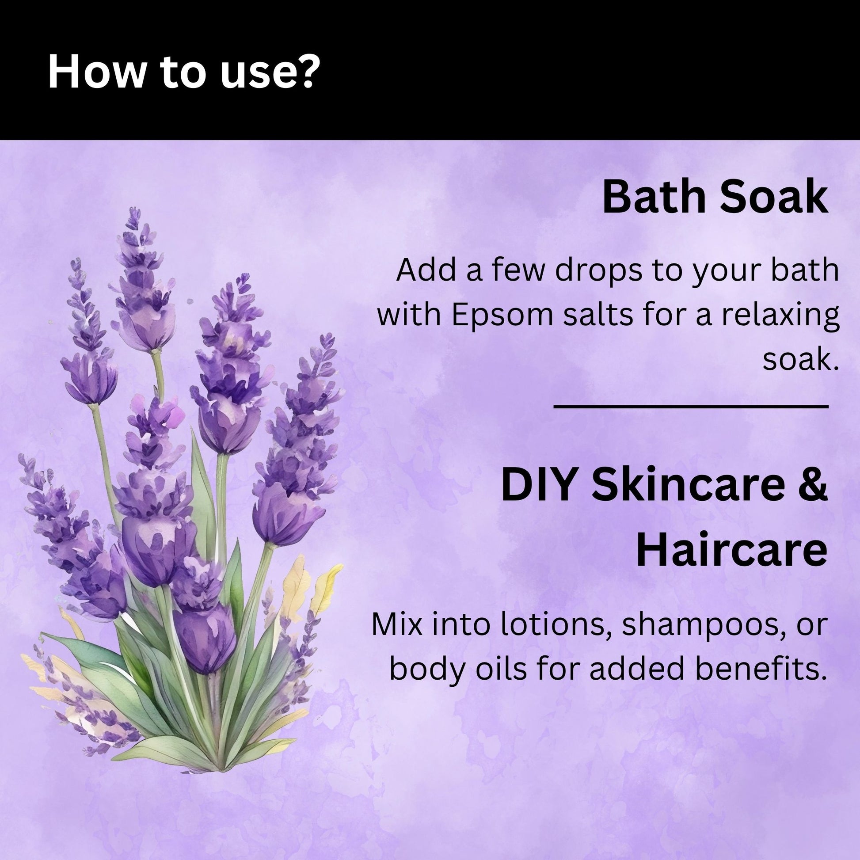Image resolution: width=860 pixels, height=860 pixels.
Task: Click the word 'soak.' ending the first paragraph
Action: coord(800,360)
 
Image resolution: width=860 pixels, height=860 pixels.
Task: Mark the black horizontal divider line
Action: coord(691,407)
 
